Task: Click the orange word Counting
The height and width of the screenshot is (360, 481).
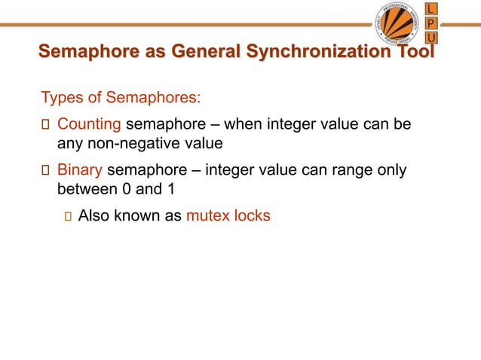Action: [89, 123]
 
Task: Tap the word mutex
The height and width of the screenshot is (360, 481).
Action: [208, 216]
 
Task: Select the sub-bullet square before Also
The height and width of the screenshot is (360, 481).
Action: [67, 217]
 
